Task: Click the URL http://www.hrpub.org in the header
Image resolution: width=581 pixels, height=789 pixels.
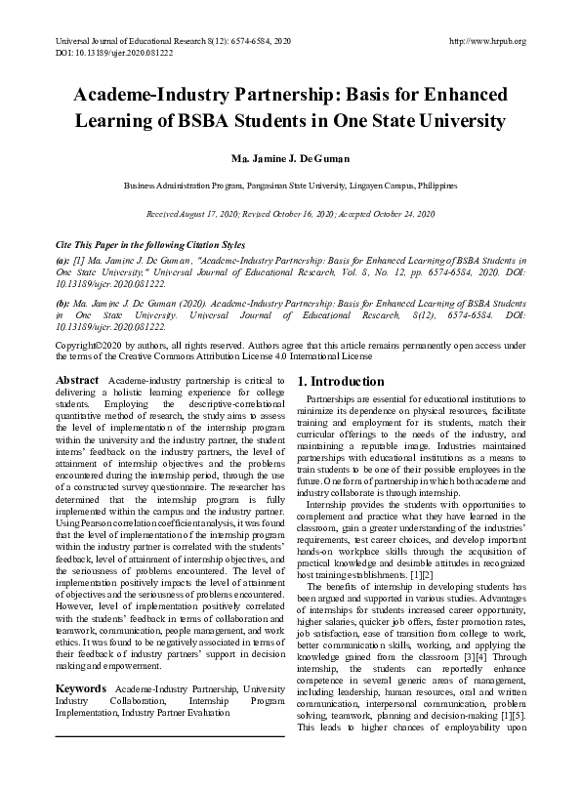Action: [485, 41]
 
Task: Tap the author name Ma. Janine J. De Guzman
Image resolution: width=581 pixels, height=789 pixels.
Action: [290, 156]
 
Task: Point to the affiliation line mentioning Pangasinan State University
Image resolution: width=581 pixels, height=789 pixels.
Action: [290, 185]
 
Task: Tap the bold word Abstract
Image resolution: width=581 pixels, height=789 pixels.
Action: [77, 380]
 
